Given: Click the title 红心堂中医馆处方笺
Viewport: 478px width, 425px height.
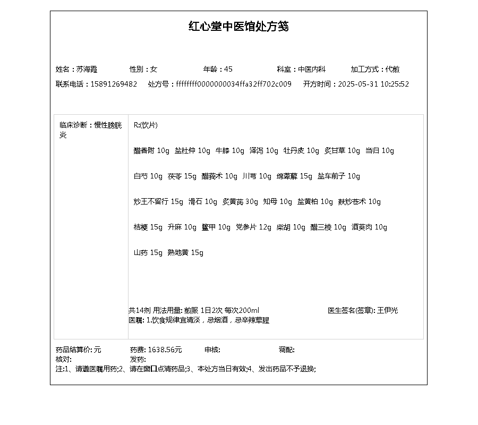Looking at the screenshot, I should tap(238, 27).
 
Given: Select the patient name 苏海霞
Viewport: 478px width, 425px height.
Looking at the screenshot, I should tap(87, 69).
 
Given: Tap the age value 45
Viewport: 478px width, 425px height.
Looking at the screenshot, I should tap(228, 69).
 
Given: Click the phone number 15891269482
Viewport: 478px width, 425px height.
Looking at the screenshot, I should tap(114, 84).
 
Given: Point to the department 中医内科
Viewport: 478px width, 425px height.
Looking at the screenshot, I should tap(311, 69).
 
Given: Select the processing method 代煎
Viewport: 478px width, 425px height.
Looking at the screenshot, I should tap(393, 69).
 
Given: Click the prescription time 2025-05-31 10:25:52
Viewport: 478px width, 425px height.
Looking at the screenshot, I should tap(373, 84).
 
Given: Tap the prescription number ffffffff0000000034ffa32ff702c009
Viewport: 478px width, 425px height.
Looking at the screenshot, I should tap(234, 84).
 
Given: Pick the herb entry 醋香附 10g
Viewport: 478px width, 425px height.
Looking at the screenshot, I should tap(151, 151).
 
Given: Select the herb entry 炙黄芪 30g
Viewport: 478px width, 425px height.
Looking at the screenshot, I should tap(240, 202).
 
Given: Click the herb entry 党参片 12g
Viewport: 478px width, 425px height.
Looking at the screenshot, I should tap(253, 227).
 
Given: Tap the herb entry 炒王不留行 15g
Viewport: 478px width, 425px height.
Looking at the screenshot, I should tap(158, 202).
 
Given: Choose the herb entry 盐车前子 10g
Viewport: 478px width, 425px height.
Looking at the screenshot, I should tap(339, 176).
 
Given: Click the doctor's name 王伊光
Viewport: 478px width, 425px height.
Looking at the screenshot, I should tap(387, 310).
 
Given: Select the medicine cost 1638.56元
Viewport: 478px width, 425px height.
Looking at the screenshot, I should tap(165, 350).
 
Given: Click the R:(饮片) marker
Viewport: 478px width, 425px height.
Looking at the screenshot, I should tap(146, 125).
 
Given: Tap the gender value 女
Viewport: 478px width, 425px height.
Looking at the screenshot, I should tap(154, 69).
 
